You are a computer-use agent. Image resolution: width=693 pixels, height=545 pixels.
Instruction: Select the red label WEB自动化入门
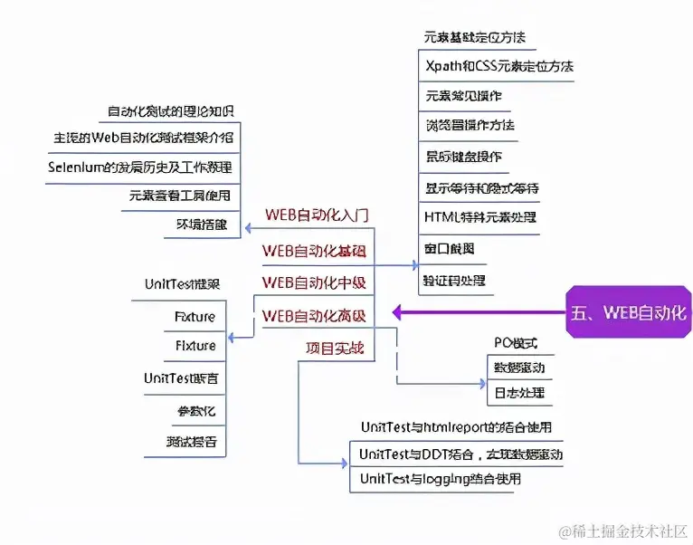(316, 215)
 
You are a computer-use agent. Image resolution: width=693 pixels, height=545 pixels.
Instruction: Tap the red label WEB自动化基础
(314, 250)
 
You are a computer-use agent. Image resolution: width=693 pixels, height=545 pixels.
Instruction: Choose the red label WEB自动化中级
(314, 282)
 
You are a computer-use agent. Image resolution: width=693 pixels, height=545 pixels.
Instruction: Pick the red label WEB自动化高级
(314, 316)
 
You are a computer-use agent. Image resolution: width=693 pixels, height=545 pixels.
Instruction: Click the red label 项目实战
(334, 348)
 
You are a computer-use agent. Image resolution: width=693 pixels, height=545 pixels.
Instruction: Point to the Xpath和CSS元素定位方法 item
(498, 66)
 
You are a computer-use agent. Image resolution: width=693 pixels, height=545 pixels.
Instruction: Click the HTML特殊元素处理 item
(480, 217)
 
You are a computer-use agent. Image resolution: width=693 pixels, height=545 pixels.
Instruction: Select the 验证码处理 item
(455, 281)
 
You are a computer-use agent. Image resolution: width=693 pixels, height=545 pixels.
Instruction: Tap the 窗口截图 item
(449, 248)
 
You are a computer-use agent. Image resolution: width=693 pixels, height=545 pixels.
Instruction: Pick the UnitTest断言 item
(180, 378)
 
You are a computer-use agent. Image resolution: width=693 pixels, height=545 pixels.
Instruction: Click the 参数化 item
(196, 411)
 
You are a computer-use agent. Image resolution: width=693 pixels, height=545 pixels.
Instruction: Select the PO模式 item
(516, 343)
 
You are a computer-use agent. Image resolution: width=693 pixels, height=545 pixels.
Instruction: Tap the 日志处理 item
(517, 394)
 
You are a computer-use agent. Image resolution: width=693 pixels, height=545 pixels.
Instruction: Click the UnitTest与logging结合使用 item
(440, 479)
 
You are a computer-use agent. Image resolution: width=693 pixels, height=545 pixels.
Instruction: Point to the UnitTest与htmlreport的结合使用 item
(456, 426)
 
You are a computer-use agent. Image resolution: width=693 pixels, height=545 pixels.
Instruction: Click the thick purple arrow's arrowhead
(398, 313)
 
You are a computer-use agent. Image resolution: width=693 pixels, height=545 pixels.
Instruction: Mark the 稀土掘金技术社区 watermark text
(624, 531)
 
